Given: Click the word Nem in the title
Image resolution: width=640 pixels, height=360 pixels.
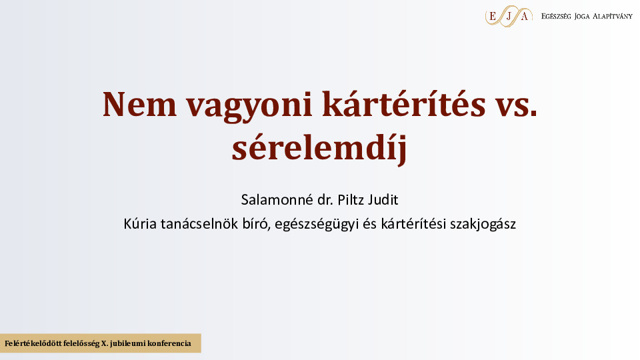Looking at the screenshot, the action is [139, 105].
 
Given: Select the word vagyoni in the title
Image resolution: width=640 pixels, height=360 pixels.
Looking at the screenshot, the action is [249, 107].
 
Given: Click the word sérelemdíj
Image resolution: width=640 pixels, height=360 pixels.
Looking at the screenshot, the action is [319, 147].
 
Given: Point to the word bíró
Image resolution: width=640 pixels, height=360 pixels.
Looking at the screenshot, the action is [256, 224].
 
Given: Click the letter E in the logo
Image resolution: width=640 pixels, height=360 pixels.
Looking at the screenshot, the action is [492, 16].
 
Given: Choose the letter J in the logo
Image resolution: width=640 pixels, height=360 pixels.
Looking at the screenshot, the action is [508, 17].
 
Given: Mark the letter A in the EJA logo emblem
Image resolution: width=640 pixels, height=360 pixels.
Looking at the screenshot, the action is [525, 16].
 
